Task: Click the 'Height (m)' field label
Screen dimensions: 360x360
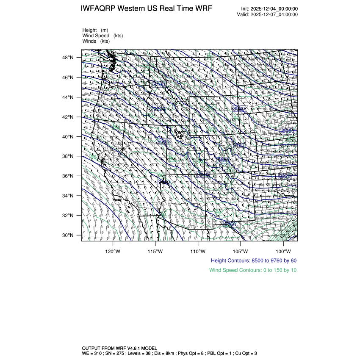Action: click(95, 30)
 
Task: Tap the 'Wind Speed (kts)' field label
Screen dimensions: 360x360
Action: click(103, 36)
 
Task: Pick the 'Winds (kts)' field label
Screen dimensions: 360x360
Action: click(96, 41)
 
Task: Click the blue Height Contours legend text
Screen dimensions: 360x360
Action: click(254, 260)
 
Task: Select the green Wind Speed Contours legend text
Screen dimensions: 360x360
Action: click(253, 270)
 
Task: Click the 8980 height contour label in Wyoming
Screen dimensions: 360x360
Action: click(239, 109)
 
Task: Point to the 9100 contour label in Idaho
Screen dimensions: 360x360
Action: click(160, 85)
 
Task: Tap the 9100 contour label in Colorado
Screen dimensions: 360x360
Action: click(239, 145)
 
